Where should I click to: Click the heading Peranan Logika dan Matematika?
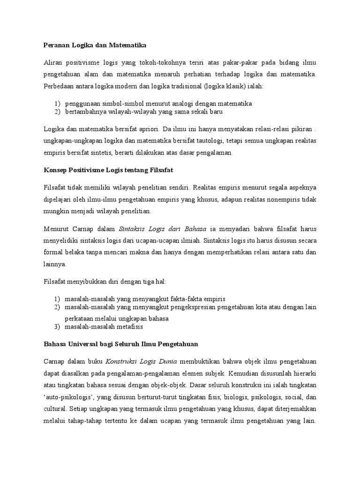click(95, 45)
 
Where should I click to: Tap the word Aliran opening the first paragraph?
click(53, 63)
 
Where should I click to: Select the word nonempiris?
click(281, 199)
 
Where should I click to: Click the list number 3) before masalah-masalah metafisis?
click(57, 326)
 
